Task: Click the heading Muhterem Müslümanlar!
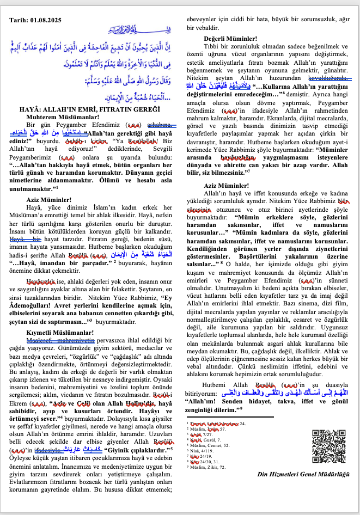pyautogui.click(x=57, y=101)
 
